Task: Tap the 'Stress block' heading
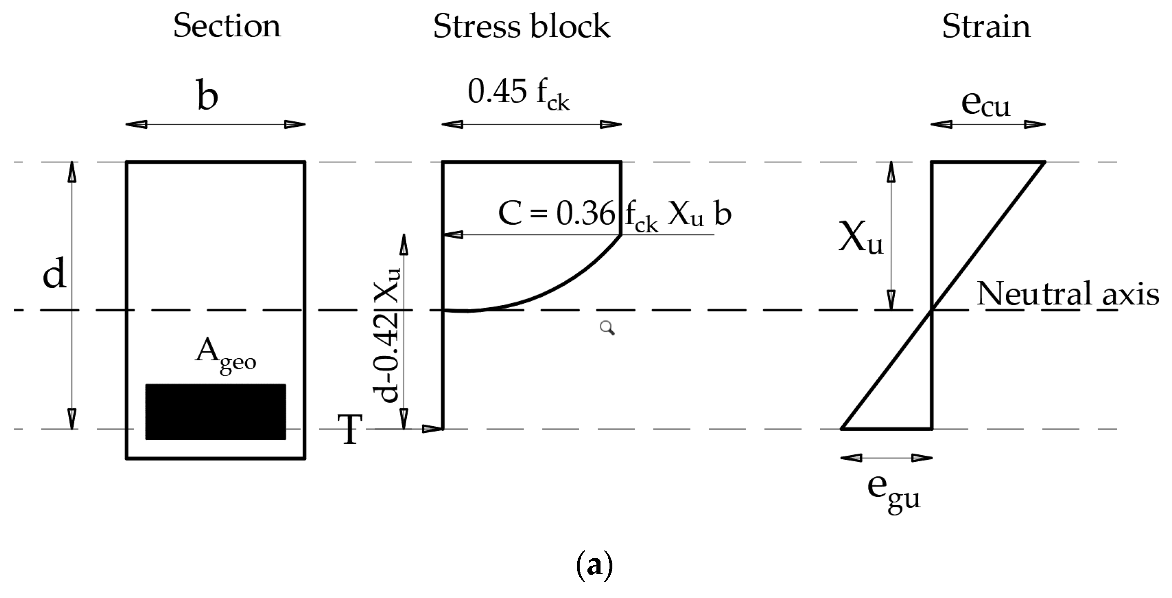521,27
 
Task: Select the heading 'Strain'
986,27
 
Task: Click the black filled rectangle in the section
216,411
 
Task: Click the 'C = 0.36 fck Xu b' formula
614,214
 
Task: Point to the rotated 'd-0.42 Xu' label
387,335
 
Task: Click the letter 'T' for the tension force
350,429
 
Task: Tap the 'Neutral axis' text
1067,294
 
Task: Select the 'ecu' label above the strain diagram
986,105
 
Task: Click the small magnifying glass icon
607,328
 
